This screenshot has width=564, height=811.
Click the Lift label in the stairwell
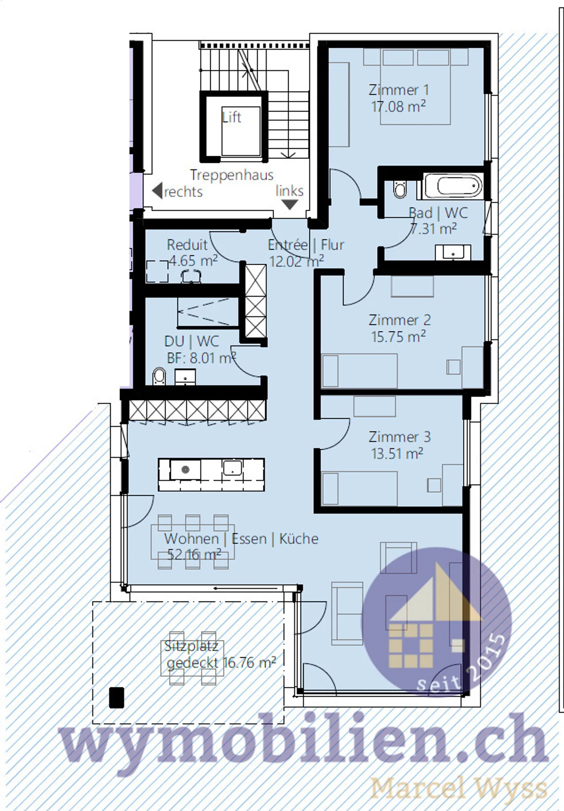pyautogui.click(x=231, y=117)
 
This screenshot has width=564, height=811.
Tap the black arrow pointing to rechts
pyautogui.click(x=157, y=191)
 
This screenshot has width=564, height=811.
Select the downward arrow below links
pyautogui.click(x=290, y=204)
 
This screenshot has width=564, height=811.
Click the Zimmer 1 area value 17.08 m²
pyautogui.click(x=398, y=107)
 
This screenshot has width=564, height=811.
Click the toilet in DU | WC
pyautogui.click(x=159, y=376)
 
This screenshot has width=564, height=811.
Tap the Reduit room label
pyautogui.click(x=187, y=245)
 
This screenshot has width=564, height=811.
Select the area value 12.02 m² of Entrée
pyautogui.click(x=296, y=261)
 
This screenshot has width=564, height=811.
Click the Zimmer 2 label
pyautogui.click(x=399, y=320)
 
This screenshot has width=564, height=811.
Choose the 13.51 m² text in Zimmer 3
pyautogui.click(x=397, y=453)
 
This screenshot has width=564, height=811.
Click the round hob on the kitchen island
pyautogui.click(x=185, y=470)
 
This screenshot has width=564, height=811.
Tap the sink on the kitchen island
pyautogui.click(x=232, y=468)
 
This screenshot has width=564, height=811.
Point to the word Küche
pyautogui.click(x=298, y=539)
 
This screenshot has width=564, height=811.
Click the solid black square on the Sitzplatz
pyautogui.click(x=116, y=698)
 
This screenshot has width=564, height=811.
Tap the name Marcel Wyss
pyautogui.click(x=458, y=788)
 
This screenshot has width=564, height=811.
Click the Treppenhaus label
pyautogui.click(x=231, y=175)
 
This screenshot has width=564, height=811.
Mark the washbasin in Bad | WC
pyautogui.click(x=453, y=253)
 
